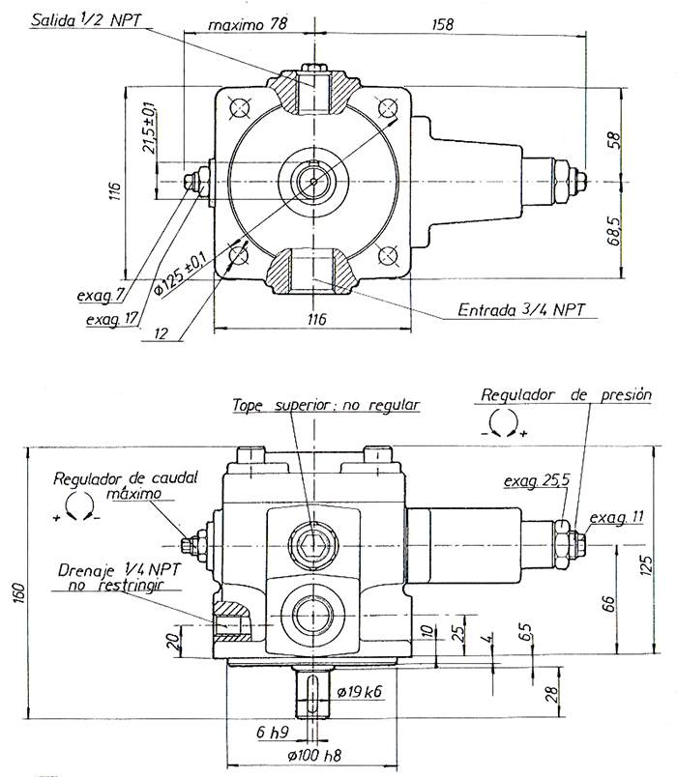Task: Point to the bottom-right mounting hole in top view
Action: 389,254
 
